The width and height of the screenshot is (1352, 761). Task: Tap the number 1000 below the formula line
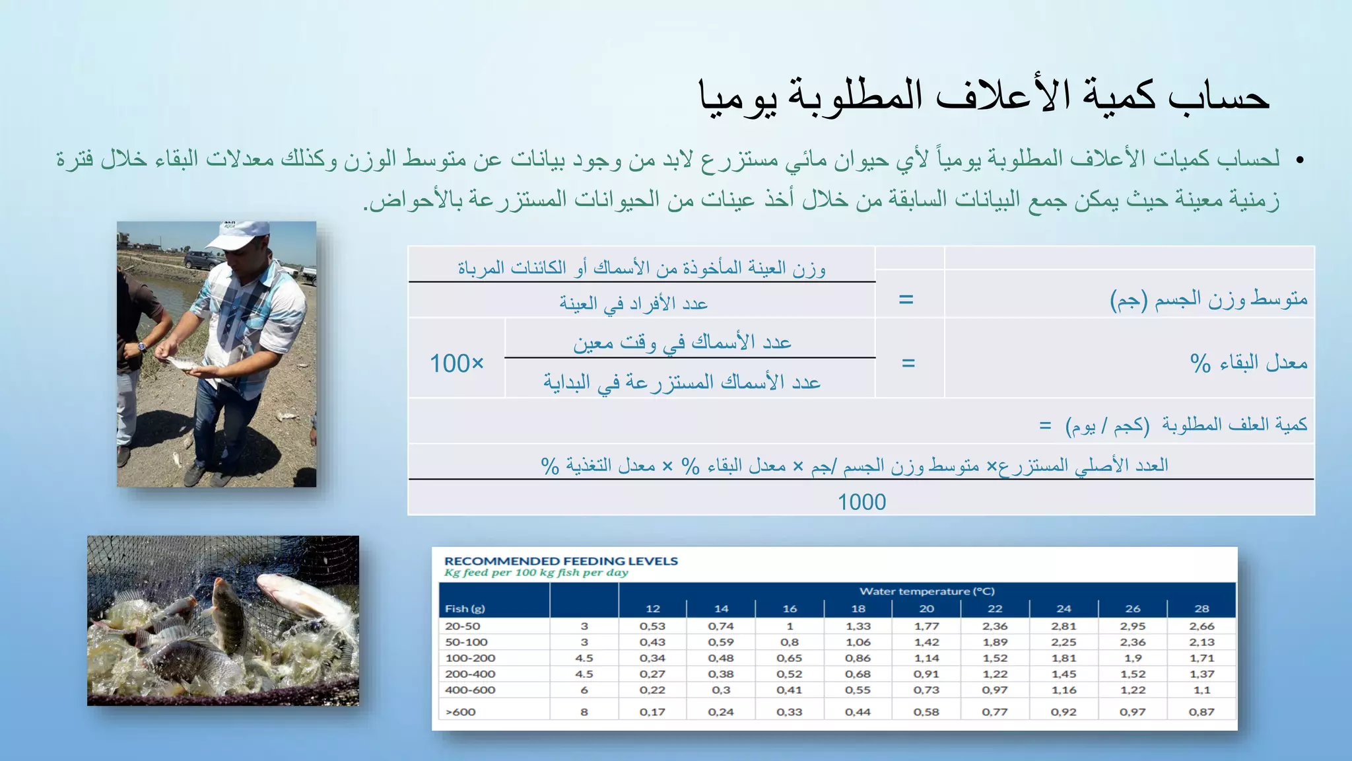pos(862,502)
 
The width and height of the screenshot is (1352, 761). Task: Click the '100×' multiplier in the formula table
pos(457,363)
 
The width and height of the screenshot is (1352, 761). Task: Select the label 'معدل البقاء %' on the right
pos(1248,363)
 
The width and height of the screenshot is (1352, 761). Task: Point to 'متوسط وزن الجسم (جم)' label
pos(1208,299)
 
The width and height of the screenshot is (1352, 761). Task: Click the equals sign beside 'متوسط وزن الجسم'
pos(906,299)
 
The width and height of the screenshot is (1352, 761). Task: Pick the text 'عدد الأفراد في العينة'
pos(634,303)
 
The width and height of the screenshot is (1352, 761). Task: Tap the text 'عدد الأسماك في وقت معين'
pos(682,342)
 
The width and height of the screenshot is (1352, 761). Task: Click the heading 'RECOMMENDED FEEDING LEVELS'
pos(561,561)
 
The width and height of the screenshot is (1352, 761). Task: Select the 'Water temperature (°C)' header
pos(927,591)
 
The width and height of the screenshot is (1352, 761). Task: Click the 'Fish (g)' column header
pos(465,608)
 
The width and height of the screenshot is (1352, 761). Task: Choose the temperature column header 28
pos(1201,608)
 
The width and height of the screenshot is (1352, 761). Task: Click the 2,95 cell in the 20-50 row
pos(1133,626)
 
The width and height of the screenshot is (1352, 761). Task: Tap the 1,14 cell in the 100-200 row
pos(926,658)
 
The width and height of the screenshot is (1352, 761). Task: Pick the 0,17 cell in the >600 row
pos(652,711)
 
